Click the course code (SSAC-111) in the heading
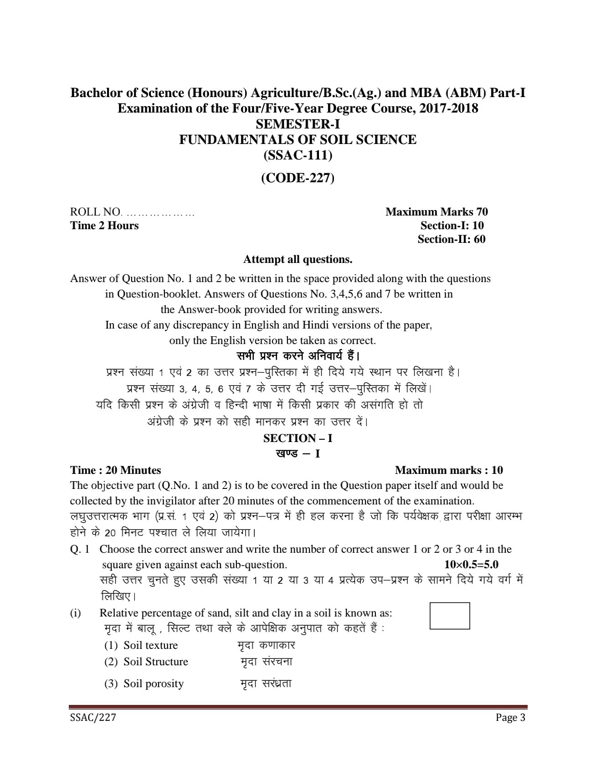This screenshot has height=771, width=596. tap(298, 155)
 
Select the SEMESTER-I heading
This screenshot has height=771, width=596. tap(298, 124)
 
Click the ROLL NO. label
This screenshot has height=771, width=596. tap(96, 212)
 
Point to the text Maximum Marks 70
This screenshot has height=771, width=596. tap(437, 212)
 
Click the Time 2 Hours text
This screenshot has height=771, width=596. tap(104, 226)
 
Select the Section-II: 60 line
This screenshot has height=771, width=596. tap(452, 239)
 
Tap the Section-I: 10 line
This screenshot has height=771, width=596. tap(452, 226)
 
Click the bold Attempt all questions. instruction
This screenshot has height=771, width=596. tap(298, 260)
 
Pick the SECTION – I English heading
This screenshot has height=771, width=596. tap(298, 438)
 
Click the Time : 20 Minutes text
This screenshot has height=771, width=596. tap(115, 470)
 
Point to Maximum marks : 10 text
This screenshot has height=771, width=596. tap(449, 470)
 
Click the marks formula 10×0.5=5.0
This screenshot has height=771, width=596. tap(471, 565)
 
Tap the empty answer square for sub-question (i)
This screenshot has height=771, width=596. tap(450, 616)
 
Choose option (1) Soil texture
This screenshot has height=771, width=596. tap(141, 645)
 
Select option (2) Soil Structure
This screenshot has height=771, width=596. tap(146, 662)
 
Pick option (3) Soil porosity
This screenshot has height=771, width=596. tap(144, 684)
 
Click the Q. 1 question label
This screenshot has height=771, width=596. tap(80, 549)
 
